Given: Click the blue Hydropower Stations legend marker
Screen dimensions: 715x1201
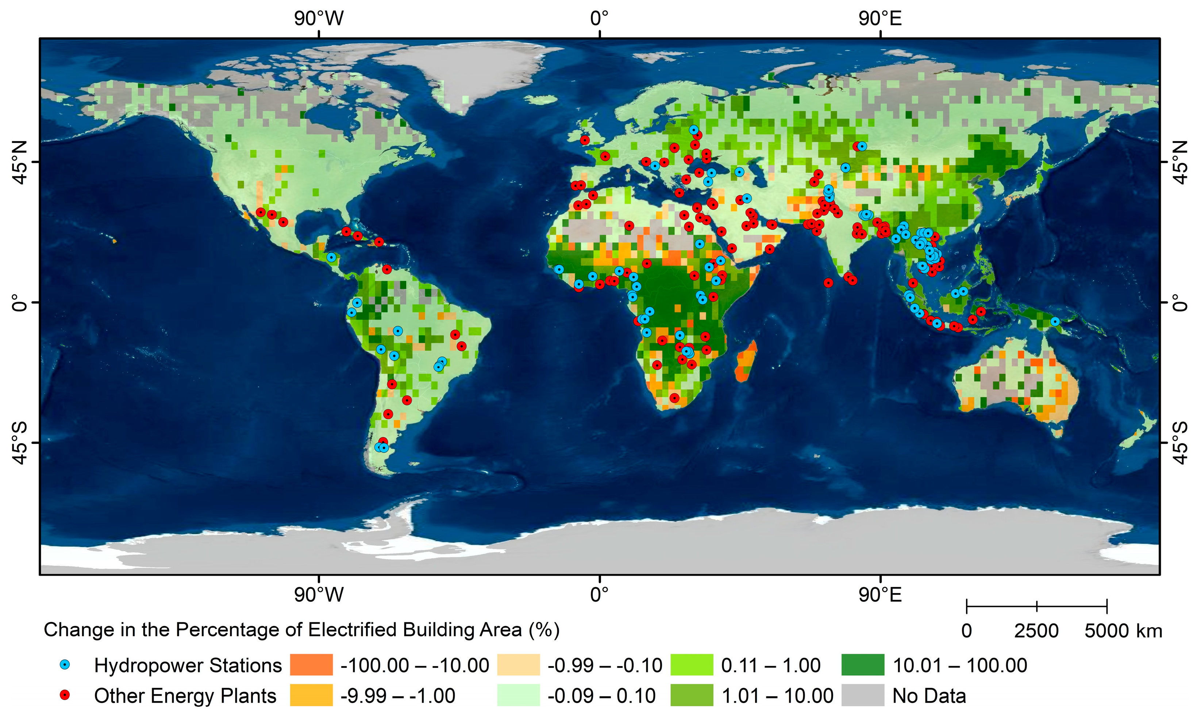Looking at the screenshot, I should (65, 665).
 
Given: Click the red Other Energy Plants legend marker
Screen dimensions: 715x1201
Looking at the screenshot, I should (65, 695).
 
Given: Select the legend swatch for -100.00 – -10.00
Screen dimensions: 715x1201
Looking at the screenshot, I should (311, 665).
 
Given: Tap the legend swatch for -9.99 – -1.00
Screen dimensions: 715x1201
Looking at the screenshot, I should (311, 695).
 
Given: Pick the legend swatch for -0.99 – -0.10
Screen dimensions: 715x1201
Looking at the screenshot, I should (518, 665).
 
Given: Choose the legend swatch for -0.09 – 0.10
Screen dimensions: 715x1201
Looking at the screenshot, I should (518, 695).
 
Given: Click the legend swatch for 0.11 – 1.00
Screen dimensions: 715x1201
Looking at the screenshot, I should (692, 665).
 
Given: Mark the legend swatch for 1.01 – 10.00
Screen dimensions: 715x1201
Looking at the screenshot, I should (692, 695).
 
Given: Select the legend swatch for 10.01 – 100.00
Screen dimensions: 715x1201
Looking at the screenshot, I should (863, 665).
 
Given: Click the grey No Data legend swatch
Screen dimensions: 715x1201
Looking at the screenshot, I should (863, 695).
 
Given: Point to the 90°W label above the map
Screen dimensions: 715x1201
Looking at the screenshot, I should (319, 18).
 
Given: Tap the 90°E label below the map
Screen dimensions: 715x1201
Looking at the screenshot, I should (880, 595).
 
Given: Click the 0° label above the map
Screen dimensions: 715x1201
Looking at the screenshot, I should (600, 18).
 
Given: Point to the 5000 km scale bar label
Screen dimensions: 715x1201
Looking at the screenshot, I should (1123, 631).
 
